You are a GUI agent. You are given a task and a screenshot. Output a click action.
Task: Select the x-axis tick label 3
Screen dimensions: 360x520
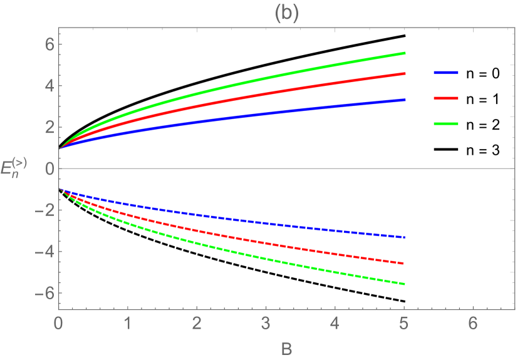click(266, 323)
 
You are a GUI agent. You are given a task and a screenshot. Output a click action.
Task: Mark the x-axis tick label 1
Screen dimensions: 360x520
click(128, 323)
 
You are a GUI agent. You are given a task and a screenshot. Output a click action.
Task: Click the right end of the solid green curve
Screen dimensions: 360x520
click(405, 53)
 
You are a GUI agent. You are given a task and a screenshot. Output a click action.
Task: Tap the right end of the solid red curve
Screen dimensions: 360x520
click(405, 74)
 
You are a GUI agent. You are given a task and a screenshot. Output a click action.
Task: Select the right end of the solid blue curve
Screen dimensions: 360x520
click(405, 100)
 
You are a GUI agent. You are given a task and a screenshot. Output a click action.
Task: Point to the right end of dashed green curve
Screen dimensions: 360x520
click(405, 284)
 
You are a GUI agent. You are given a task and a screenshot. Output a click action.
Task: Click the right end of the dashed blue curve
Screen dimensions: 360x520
click(405, 238)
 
